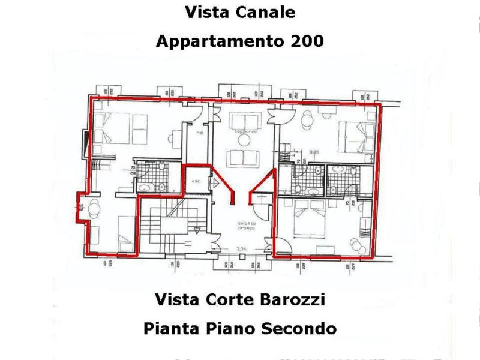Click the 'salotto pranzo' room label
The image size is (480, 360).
(x=245, y=226)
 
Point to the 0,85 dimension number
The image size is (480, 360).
(x=313, y=151)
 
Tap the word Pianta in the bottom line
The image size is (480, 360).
(x=169, y=329)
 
